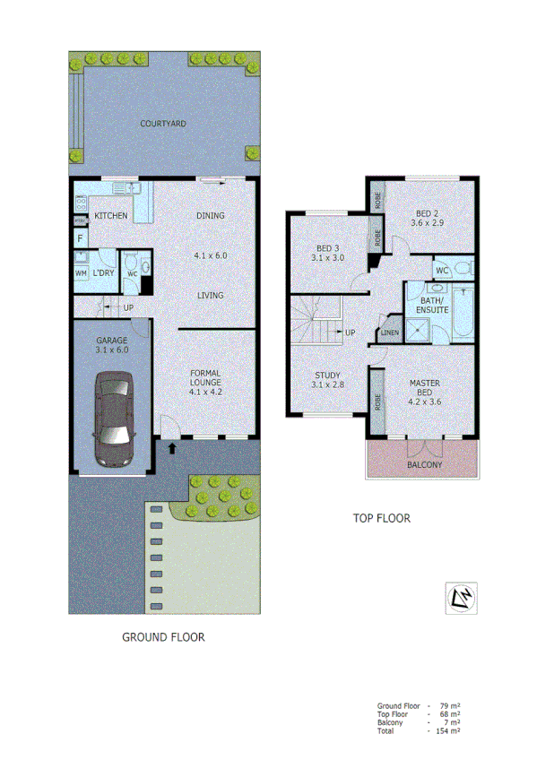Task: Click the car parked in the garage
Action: pos(112,419)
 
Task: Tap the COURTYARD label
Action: pos(162,124)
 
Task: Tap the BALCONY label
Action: pos(425,465)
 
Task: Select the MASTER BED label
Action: pos(423,392)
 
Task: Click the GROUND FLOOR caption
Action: pos(163,638)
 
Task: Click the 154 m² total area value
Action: pos(446,731)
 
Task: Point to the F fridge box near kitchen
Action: pos(80,238)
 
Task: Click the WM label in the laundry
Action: pos(80,272)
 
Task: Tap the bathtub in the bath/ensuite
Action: pos(463,316)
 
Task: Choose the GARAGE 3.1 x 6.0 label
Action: pos(113,346)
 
